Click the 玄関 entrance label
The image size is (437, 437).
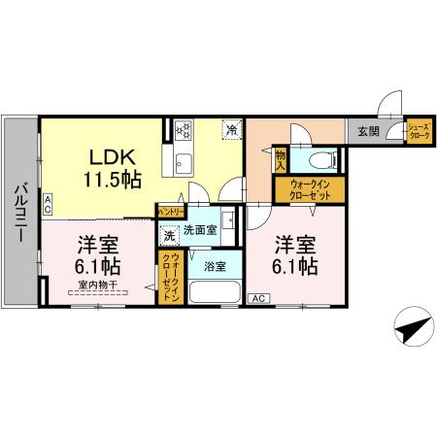pos(368,131)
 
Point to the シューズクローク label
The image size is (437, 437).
pos(419,130)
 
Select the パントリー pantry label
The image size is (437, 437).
pos(170,210)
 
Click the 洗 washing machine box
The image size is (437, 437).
pos(168,234)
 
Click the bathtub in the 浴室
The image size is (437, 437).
pos(212,292)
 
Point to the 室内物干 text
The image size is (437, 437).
pos(97,285)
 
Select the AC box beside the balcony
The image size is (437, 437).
pos(48,202)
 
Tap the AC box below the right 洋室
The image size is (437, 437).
pos(258,298)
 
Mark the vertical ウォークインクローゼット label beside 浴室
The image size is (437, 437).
pos(168,278)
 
